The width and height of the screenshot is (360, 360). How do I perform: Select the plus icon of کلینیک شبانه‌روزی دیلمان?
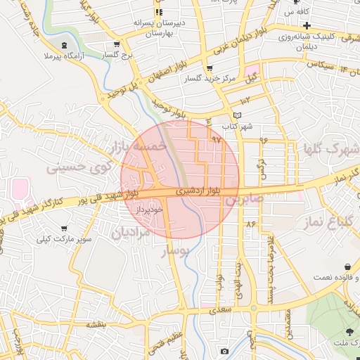[x=307, y=25]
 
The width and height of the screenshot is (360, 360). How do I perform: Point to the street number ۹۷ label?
[x=216, y=140]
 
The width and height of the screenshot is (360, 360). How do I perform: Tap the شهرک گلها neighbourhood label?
[x=330, y=149]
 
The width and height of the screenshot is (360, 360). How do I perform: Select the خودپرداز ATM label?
[x=150, y=210]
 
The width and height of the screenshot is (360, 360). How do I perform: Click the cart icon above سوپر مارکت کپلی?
[x=65, y=229]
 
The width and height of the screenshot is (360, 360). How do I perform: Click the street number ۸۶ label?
[x=250, y=224]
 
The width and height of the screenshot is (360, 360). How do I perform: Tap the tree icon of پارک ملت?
[x=349, y=331]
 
